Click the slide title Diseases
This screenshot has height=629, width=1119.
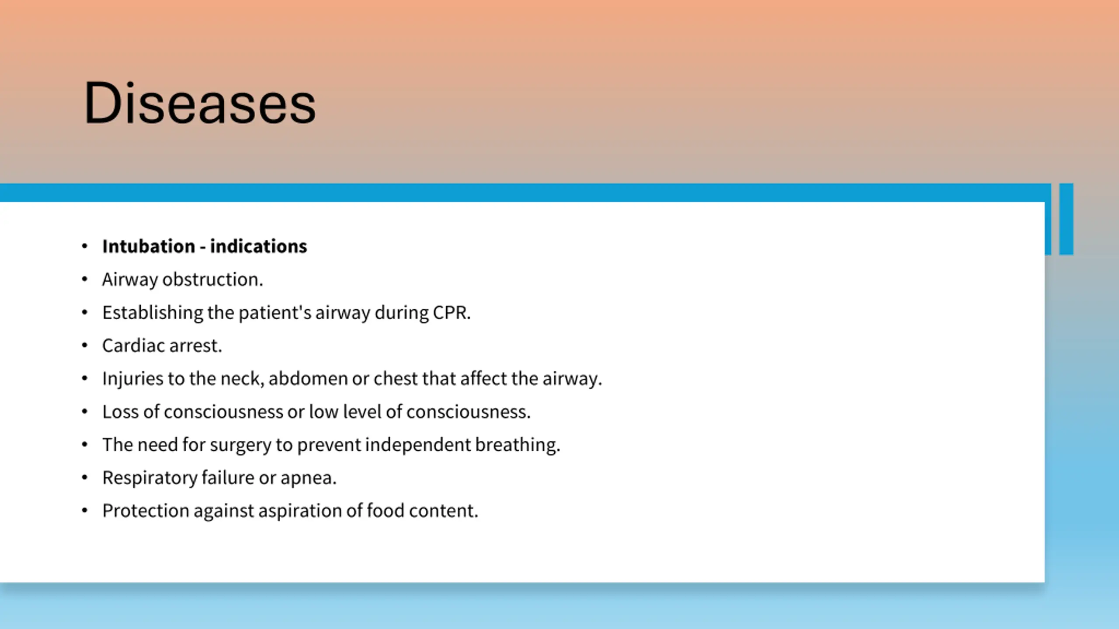[x=200, y=103]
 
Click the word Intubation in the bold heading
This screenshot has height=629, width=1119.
[x=149, y=246]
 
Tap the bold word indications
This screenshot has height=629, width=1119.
[x=258, y=246]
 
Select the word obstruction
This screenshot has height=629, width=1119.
[x=213, y=280]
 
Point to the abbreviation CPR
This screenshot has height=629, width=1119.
[x=452, y=313]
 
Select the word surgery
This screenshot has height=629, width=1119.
[x=240, y=445]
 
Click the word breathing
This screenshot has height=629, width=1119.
[x=518, y=445]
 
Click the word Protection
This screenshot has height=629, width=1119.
[x=146, y=511]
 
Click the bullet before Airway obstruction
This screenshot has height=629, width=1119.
[x=85, y=280]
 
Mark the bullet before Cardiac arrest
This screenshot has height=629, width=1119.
[x=85, y=346]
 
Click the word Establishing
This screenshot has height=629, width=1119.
[x=153, y=313]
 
